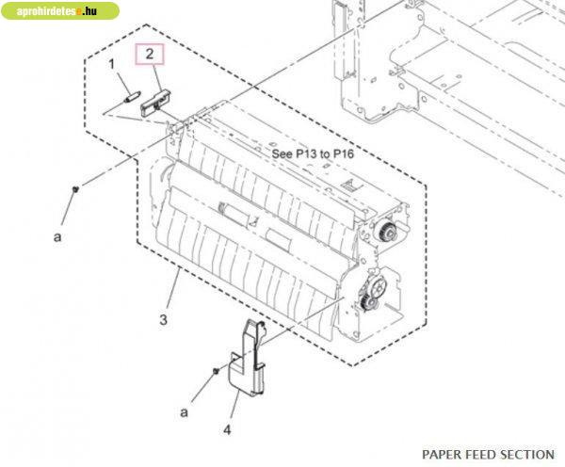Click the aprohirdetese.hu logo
(x=60, y=10)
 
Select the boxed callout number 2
(x=150, y=54)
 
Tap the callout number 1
(x=111, y=64)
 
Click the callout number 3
(x=163, y=319)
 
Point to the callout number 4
(x=227, y=429)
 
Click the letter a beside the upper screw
(x=57, y=237)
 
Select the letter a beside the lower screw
(x=185, y=412)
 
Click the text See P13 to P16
(x=313, y=153)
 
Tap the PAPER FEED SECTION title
(x=488, y=455)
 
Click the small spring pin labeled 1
(x=131, y=98)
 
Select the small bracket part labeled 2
(x=156, y=103)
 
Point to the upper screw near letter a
(x=75, y=189)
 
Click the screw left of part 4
(x=216, y=370)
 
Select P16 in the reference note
(x=344, y=153)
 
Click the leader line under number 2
(x=158, y=77)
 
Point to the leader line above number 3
(x=173, y=288)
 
